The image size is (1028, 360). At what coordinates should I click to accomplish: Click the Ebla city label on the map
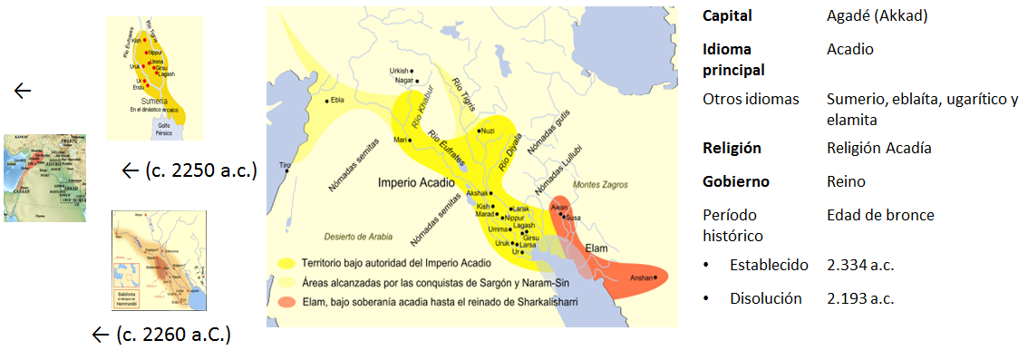337,100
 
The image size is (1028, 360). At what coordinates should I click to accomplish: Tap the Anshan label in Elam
642,277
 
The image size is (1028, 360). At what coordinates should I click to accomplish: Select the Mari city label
399,140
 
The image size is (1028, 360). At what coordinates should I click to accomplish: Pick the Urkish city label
399,70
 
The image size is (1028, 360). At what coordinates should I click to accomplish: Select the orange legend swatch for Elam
288,302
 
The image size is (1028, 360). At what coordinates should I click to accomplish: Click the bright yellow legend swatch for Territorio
288,262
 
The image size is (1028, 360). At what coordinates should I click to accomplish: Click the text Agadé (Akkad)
878,16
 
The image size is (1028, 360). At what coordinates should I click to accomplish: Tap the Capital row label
727,16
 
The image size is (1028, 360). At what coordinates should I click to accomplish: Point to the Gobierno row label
736,181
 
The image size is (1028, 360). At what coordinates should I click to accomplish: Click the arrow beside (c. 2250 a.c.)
131,170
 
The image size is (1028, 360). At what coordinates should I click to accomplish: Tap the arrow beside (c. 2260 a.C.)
102,336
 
